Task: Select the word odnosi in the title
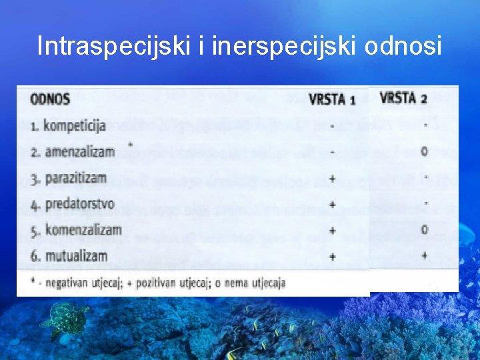tap(406, 46)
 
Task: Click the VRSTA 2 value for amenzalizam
tap(425, 151)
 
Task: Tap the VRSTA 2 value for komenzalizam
tap(425, 229)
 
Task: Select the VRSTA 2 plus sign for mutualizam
tap(425, 255)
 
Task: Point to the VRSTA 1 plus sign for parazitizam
tap(332, 179)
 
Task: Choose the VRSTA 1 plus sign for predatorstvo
tap(332, 205)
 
